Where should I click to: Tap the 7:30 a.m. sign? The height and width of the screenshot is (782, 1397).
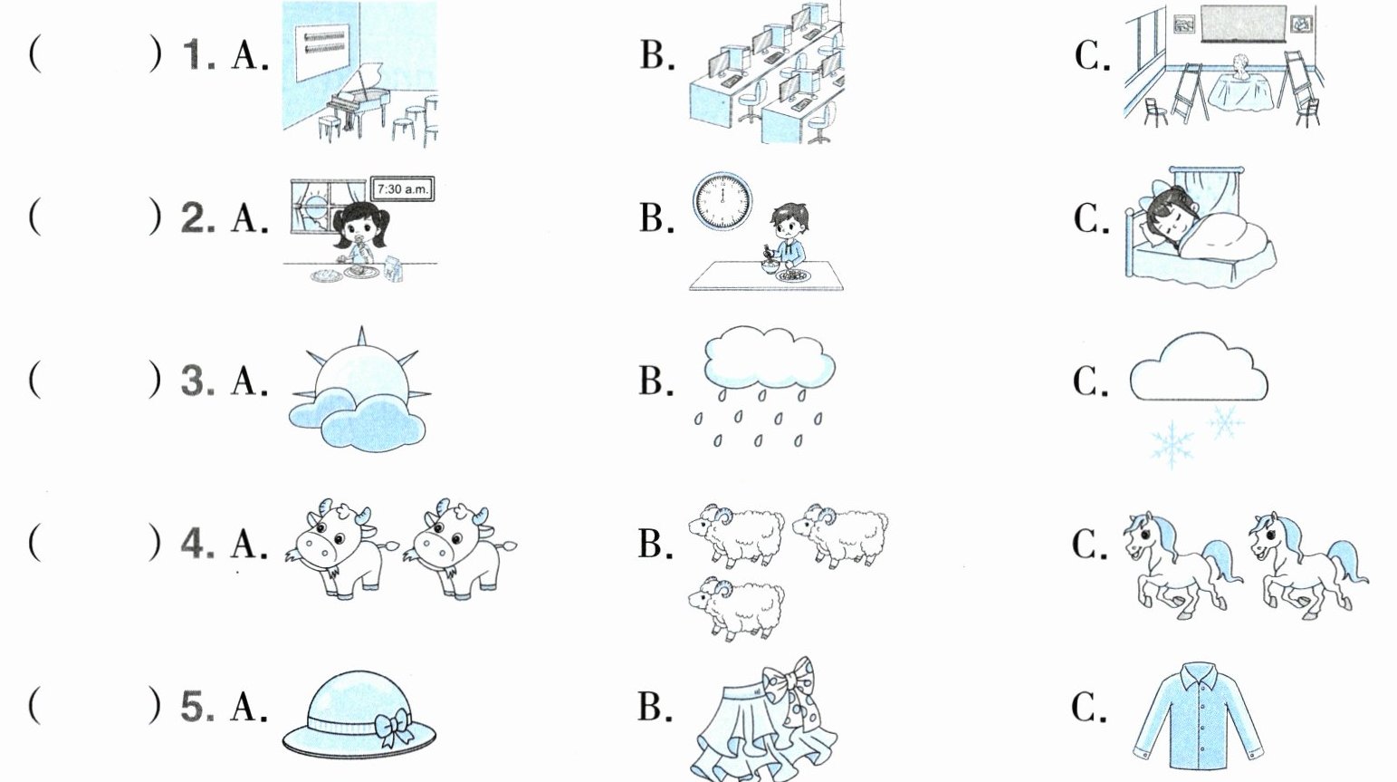click(401, 190)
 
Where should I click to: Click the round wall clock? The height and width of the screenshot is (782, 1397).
click(722, 201)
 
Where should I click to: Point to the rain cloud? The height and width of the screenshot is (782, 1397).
click(769, 358)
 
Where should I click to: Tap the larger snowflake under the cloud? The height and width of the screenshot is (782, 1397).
click(1171, 444)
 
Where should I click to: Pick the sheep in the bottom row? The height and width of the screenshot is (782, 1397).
click(735, 607)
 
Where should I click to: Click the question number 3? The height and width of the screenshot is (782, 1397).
click(196, 381)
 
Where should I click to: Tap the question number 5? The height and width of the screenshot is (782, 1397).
click(196, 707)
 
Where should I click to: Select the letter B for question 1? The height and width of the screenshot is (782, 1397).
click(655, 56)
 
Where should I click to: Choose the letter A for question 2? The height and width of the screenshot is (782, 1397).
click(247, 219)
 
